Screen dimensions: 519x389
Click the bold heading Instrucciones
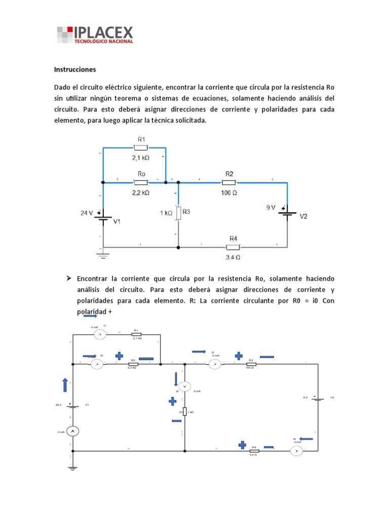(x=75, y=69)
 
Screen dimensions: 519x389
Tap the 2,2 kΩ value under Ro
(x=141, y=193)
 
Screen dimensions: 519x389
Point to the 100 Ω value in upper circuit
(x=229, y=193)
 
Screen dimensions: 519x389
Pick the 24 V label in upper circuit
(x=87, y=213)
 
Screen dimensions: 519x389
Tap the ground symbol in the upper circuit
(x=103, y=255)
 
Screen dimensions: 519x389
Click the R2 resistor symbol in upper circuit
(x=229, y=182)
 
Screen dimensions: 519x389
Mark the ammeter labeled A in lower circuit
(x=72, y=431)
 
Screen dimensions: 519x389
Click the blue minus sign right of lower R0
(x=146, y=358)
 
